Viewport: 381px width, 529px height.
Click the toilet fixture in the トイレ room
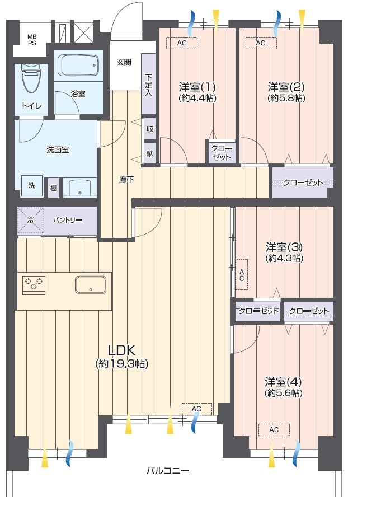[x=31, y=78]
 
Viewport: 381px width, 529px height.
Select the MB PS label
[x=32, y=40]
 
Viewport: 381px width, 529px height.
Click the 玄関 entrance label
[x=124, y=62]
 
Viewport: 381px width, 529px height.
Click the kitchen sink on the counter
[x=91, y=285]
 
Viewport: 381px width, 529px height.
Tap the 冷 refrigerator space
[x=30, y=221]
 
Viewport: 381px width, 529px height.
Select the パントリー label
[x=67, y=220]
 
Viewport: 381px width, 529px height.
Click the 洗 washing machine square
[x=32, y=185]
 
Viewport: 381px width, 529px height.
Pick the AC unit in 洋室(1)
[x=182, y=43]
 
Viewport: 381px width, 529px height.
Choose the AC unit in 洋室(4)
[x=274, y=430]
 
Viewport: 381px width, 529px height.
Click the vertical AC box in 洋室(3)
[x=242, y=274]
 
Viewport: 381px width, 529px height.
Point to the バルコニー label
[x=168, y=471]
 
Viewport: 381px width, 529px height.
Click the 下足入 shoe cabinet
[x=148, y=84]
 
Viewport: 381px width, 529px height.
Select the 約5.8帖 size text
[x=286, y=98]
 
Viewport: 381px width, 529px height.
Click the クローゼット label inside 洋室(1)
[x=222, y=153]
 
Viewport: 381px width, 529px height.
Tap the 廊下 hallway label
[x=126, y=180]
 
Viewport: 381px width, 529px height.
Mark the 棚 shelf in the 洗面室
[x=53, y=188]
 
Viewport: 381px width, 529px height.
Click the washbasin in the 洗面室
[x=80, y=188]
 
